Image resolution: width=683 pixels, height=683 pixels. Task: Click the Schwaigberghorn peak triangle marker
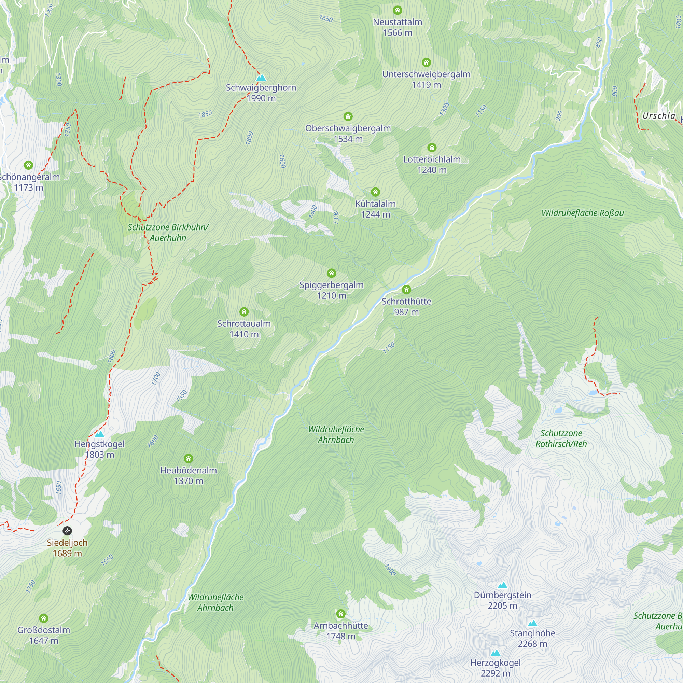(x=261, y=78)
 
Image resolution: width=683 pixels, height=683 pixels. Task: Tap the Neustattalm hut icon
(x=398, y=10)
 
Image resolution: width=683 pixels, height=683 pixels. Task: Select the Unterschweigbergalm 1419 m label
(x=426, y=79)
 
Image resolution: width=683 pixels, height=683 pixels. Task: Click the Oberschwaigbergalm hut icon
(x=348, y=116)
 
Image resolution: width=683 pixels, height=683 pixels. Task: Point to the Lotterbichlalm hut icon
(x=432, y=148)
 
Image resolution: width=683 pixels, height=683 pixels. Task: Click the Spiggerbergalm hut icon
(x=331, y=273)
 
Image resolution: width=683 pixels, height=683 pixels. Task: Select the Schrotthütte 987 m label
(x=406, y=307)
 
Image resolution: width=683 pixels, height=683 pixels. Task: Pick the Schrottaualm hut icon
(x=244, y=312)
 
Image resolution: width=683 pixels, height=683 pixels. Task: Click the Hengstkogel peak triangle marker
(x=100, y=434)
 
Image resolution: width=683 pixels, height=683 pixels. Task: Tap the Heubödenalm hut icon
(x=189, y=459)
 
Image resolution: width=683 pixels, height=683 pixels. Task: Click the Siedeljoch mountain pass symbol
(x=67, y=531)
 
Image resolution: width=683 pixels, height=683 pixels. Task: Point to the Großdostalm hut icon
(x=43, y=618)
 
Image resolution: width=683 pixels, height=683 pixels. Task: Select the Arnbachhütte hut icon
(x=341, y=613)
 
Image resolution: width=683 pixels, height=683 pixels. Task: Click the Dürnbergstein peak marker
(x=502, y=585)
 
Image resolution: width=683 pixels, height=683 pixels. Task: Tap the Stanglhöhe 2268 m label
(x=532, y=638)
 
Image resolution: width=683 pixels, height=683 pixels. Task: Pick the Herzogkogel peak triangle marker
(x=495, y=653)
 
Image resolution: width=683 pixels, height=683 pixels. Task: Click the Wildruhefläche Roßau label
(x=582, y=213)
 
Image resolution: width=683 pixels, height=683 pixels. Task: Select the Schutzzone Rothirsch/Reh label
(x=561, y=438)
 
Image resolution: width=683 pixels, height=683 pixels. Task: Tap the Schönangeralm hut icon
(x=29, y=165)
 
